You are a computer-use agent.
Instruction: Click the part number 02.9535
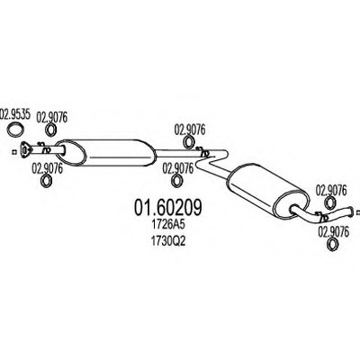pos(15,114)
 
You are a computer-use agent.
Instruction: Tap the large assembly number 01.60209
pos(168,207)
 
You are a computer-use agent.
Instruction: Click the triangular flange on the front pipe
pos(25,149)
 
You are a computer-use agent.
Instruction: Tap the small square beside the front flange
pos(13,152)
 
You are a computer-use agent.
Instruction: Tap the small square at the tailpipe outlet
pos(358,212)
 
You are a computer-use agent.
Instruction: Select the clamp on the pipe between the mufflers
pos(202,151)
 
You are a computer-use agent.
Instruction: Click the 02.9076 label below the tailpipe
pos(333,232)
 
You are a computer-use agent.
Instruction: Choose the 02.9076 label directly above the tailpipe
pos(331,191)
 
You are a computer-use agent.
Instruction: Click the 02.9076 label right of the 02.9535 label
pos(52,118)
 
